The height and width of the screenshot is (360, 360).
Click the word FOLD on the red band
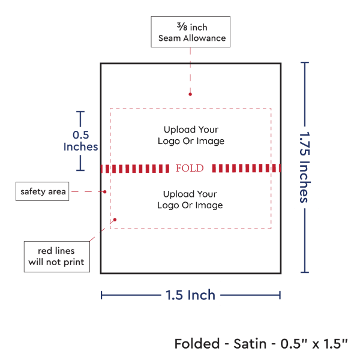pos(190,168)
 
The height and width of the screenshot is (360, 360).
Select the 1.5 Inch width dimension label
pos(190,295)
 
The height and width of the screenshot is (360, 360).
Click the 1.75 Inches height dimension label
pos(304,167)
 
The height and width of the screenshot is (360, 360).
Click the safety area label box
pos(42,192)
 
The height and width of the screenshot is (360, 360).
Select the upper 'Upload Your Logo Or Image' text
pos(190,135)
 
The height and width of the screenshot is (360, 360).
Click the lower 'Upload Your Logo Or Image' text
pos(190,200)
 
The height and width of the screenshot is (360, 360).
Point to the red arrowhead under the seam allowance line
pos(190,93)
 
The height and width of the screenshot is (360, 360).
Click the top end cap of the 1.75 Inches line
pos(305,62)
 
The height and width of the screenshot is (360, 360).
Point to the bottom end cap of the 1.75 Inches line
pos(305,272)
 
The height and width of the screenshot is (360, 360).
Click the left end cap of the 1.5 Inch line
pos(102,295)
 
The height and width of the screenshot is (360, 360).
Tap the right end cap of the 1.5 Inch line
pos(280,295)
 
